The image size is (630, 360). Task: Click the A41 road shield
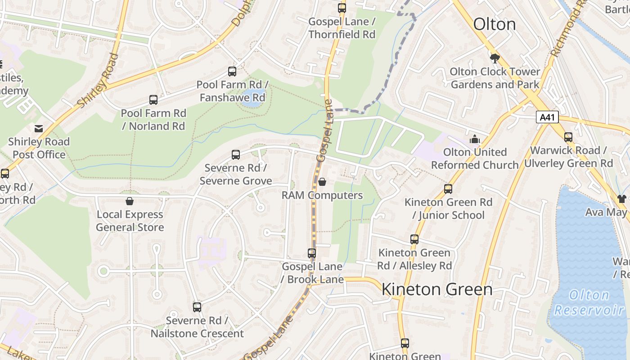point(548,117)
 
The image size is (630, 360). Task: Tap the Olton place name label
point(494,24)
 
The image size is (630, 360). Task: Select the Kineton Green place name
point(437,289)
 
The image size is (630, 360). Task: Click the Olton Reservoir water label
point(589,302)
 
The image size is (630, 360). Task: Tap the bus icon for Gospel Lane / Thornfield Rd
point(342,8)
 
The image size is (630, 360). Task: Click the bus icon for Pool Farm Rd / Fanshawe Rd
point(232,71)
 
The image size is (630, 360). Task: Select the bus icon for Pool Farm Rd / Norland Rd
point(153,100)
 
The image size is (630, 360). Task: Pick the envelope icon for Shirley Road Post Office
point(39,129)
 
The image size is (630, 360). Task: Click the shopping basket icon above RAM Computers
point(322,182)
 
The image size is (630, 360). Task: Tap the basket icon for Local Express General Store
point(130,201)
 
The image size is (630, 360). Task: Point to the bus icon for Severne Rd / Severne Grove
point(236,155)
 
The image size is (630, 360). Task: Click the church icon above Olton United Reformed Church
point(475,139)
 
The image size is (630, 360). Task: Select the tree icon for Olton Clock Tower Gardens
point(495,58)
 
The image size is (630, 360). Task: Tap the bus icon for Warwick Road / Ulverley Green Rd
point(568,137)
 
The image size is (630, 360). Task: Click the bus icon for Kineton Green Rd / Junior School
point(448,189)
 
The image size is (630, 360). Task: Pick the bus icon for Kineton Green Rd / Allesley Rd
point(414,239)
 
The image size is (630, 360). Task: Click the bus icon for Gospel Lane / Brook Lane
point(312,253)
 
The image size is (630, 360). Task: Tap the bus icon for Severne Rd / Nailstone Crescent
point(197,307)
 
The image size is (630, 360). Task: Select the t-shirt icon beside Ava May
point(621,199)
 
